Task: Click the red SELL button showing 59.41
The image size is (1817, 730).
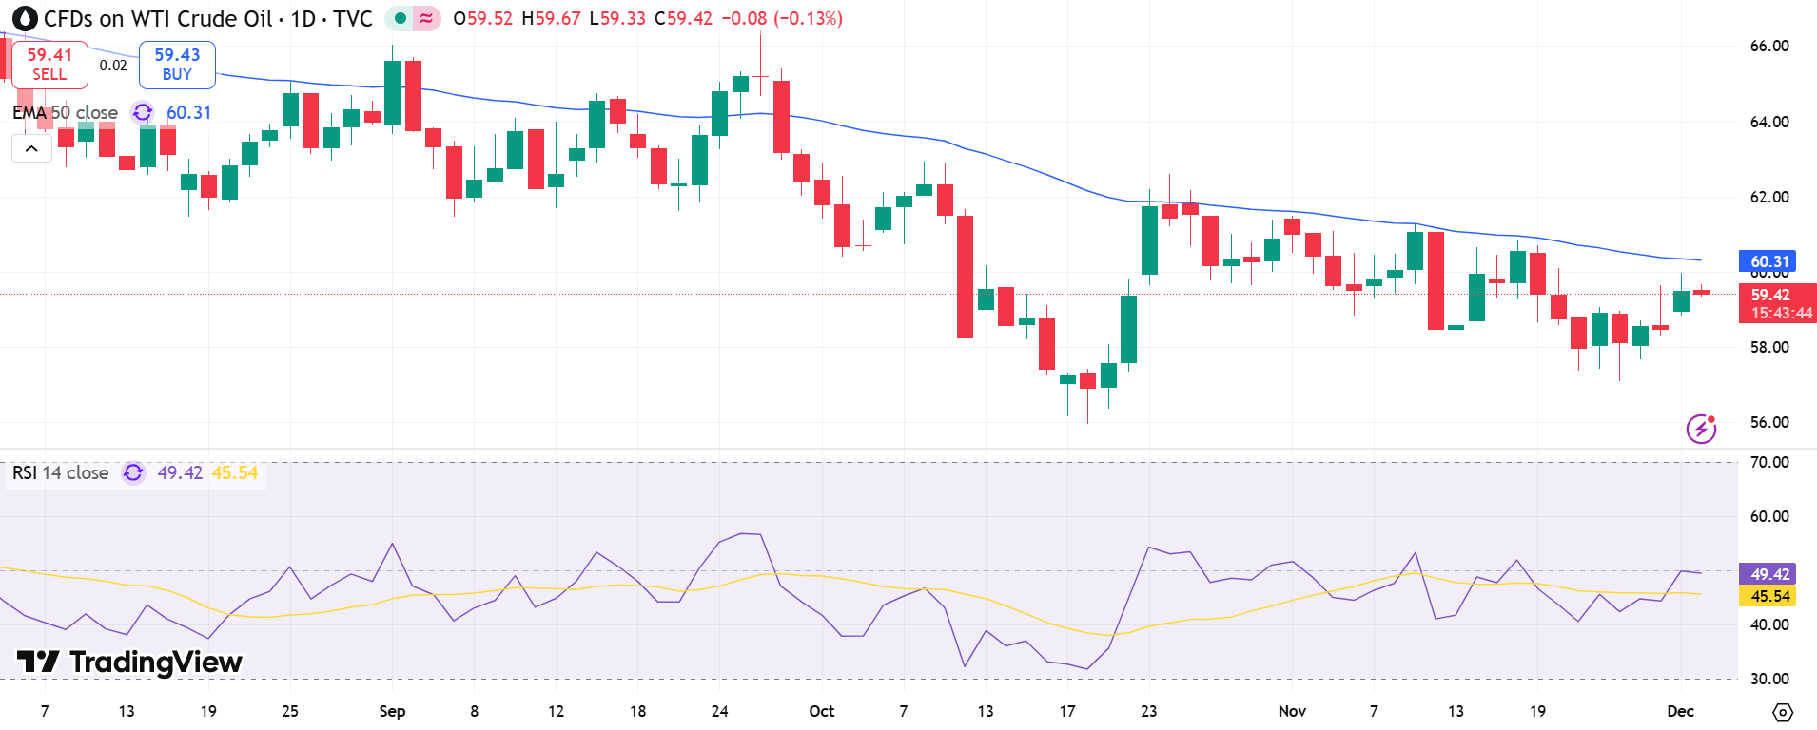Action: point(49,65)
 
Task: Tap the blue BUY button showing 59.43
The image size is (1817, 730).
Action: point(177,65)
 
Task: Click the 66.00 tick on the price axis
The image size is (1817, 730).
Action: point(1768,46)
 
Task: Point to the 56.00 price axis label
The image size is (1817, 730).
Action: point(1768,422)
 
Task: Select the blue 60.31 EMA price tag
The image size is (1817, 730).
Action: point(1768,260)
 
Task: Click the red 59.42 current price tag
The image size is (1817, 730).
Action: point(1776,303)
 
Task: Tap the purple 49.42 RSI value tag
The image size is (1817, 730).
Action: point(1768,574)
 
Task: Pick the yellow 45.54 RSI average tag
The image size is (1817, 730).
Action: point(1768,596)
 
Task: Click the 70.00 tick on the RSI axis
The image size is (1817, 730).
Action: point(1768,462)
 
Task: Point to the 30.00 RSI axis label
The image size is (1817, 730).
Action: point(1768,679)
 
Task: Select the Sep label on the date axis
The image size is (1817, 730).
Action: point(392,711)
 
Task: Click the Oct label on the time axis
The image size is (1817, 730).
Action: point(821,711)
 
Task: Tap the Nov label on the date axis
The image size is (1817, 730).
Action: point(1292,711)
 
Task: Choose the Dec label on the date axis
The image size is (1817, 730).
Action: point(1680,711)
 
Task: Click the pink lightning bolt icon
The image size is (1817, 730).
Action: point(1701,429)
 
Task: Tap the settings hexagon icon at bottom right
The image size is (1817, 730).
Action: point(1783,712)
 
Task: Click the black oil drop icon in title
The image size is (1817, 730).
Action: point(25,18)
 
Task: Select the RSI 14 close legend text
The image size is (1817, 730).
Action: point(60,472)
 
